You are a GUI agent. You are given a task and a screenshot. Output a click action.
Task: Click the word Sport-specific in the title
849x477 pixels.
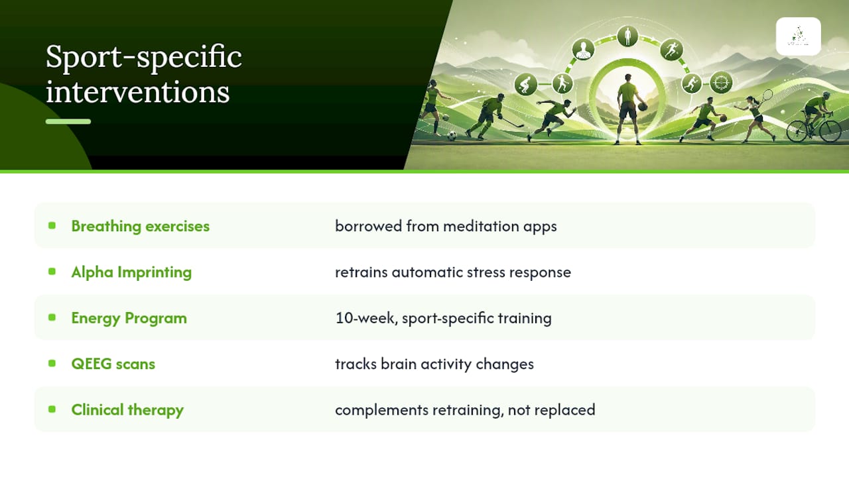coord(144,57)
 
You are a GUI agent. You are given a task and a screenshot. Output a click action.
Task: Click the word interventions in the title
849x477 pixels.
coord(137,91)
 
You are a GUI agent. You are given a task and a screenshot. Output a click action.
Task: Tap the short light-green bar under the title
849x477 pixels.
coord(68,121)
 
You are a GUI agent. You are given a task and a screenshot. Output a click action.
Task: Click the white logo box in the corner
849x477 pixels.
coord(798,36)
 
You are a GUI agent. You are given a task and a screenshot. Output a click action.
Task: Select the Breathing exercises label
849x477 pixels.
coord(140,227)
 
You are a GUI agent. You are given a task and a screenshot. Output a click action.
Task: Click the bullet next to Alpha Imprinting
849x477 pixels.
coord(52,272)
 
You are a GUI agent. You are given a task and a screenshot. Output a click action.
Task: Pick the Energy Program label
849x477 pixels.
coord(129,318)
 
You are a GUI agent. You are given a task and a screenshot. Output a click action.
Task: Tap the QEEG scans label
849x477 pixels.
coord(113,364)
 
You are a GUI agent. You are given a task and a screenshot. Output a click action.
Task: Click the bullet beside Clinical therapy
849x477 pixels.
coord(52,409)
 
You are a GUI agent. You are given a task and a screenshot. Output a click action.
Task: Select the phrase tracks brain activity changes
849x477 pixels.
coord(434,364)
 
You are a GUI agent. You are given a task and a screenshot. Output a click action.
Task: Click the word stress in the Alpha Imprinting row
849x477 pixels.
coord(486,272)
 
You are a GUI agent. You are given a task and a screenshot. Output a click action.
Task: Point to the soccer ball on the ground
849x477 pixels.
coord(452,136)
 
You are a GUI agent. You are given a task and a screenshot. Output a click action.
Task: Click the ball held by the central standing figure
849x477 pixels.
coord(642,107)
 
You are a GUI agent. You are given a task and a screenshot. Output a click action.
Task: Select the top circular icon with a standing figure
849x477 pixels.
coord(627,36)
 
